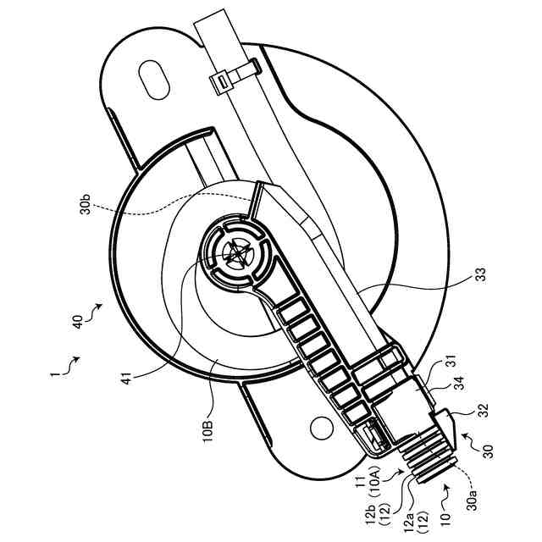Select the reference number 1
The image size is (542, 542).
53,371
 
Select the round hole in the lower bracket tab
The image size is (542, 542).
319,429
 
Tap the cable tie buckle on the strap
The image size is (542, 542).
222,80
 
